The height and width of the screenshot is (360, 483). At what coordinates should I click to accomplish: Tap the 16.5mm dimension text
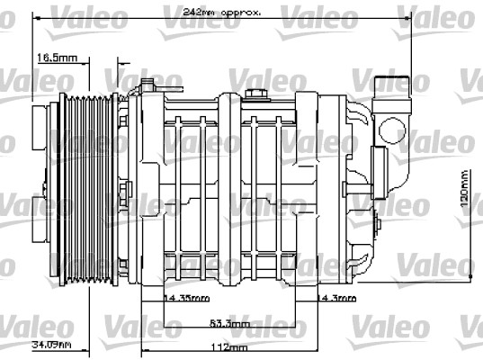57,58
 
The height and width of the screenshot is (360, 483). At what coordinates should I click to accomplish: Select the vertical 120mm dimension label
463,187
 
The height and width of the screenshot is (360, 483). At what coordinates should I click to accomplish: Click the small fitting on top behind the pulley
146,85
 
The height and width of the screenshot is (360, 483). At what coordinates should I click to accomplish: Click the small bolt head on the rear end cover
370,186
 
